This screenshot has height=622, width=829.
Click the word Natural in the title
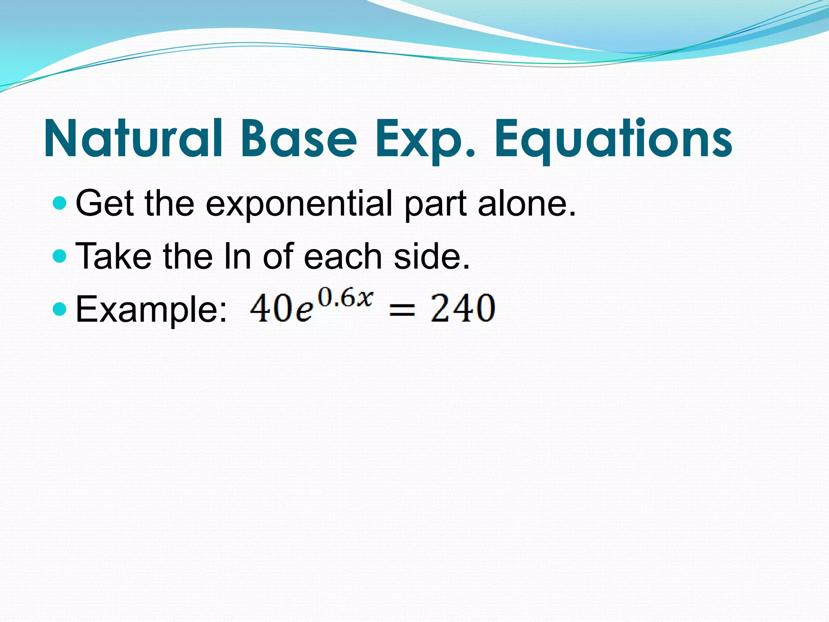point(133,138)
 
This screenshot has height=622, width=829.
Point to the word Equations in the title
point(613,138)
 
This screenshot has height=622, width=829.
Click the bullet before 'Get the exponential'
point(60,203)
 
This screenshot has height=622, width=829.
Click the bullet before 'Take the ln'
point(60,256)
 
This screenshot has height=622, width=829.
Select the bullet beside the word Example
point(60,309)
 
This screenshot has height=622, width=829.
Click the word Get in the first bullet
point(105,203)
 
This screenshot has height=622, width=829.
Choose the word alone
point(527,203)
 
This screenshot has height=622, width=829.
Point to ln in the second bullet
point(237,256)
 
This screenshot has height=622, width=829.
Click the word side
point(432,256)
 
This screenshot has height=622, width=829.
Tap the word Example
point(151,309)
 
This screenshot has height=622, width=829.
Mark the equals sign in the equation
point(402,310)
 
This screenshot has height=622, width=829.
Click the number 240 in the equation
point(463,309)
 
